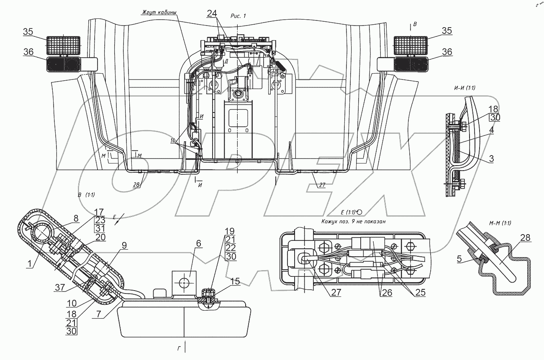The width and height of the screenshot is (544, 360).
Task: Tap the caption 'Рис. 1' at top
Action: click(238, 15)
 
